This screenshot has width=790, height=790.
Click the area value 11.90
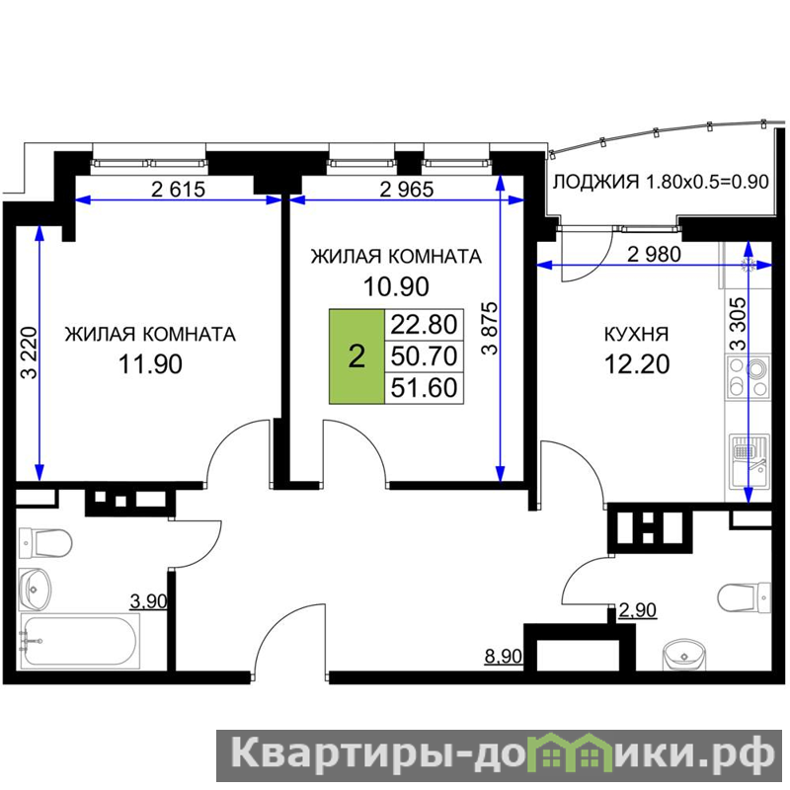[x=150, y=363]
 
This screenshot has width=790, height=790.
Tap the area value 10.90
[x=396, y=286]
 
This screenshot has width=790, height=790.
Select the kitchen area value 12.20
[x=637, y=363]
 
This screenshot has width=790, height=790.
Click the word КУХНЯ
[x=636, y=334]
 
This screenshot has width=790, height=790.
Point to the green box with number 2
[x=356, y=356]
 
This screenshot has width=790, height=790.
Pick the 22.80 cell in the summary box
[x=425, y=325]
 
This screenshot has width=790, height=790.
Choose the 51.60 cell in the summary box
[x=425, y=388]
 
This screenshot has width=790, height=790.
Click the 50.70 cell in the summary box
[x=425, y=356]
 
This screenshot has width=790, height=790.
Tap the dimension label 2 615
[x=179, y=190]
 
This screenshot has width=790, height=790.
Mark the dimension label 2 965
[x=407, y=190]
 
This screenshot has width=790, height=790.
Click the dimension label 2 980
[x=654, y=255]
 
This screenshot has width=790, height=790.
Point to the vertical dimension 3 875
[x=489, y=328]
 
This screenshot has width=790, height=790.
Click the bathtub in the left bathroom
[x=80, y=641]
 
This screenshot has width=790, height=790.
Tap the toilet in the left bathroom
[x=45, y=543]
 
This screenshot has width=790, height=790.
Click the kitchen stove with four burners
[x=749, y=377]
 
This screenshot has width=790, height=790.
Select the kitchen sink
[x=749, y=462]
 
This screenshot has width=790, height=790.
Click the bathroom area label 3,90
[x=149, y=601]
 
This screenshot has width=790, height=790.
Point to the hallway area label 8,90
[x=503, y=657]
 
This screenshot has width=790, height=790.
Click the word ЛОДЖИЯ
[x=596, y=182]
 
